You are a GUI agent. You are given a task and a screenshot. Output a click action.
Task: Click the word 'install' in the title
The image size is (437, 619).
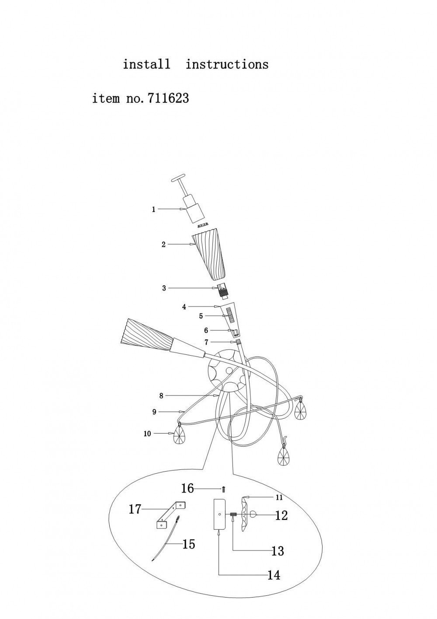(146, 64)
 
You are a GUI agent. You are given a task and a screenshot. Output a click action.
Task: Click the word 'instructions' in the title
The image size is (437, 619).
(227, 64)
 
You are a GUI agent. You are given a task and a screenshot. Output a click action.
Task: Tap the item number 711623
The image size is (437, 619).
(168, 98)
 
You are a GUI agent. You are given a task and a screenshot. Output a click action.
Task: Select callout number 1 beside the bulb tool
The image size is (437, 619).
(153, 210)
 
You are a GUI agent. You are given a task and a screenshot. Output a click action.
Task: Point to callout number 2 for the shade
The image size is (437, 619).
(164, 245)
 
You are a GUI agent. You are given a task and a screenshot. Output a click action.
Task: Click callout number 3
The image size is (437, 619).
(164, 288)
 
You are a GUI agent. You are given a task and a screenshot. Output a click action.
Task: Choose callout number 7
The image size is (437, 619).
(206, 343)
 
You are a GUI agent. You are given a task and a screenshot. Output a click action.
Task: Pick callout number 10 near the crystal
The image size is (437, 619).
(147, 434)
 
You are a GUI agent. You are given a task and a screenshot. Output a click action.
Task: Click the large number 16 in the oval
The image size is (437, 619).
(188, 488)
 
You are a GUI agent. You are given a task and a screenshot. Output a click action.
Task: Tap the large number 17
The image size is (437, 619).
(135, 509)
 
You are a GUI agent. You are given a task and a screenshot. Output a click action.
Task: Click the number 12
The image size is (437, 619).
(281, 515)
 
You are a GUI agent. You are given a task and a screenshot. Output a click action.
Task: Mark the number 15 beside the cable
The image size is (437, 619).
(189, 544)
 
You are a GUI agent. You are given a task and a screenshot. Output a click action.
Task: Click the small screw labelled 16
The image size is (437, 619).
(224, 490)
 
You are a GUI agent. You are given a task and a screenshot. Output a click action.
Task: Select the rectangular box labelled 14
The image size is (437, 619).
(220, 514)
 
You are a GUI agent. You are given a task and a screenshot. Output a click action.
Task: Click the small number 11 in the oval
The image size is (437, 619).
(279, 498)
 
